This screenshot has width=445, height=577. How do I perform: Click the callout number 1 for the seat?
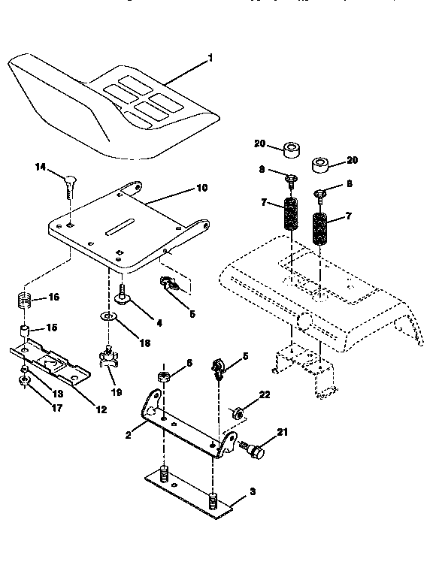click(211, 58)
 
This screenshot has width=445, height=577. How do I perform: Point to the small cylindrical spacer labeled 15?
click(25, 331)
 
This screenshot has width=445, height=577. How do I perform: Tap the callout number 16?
click(53, 298)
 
